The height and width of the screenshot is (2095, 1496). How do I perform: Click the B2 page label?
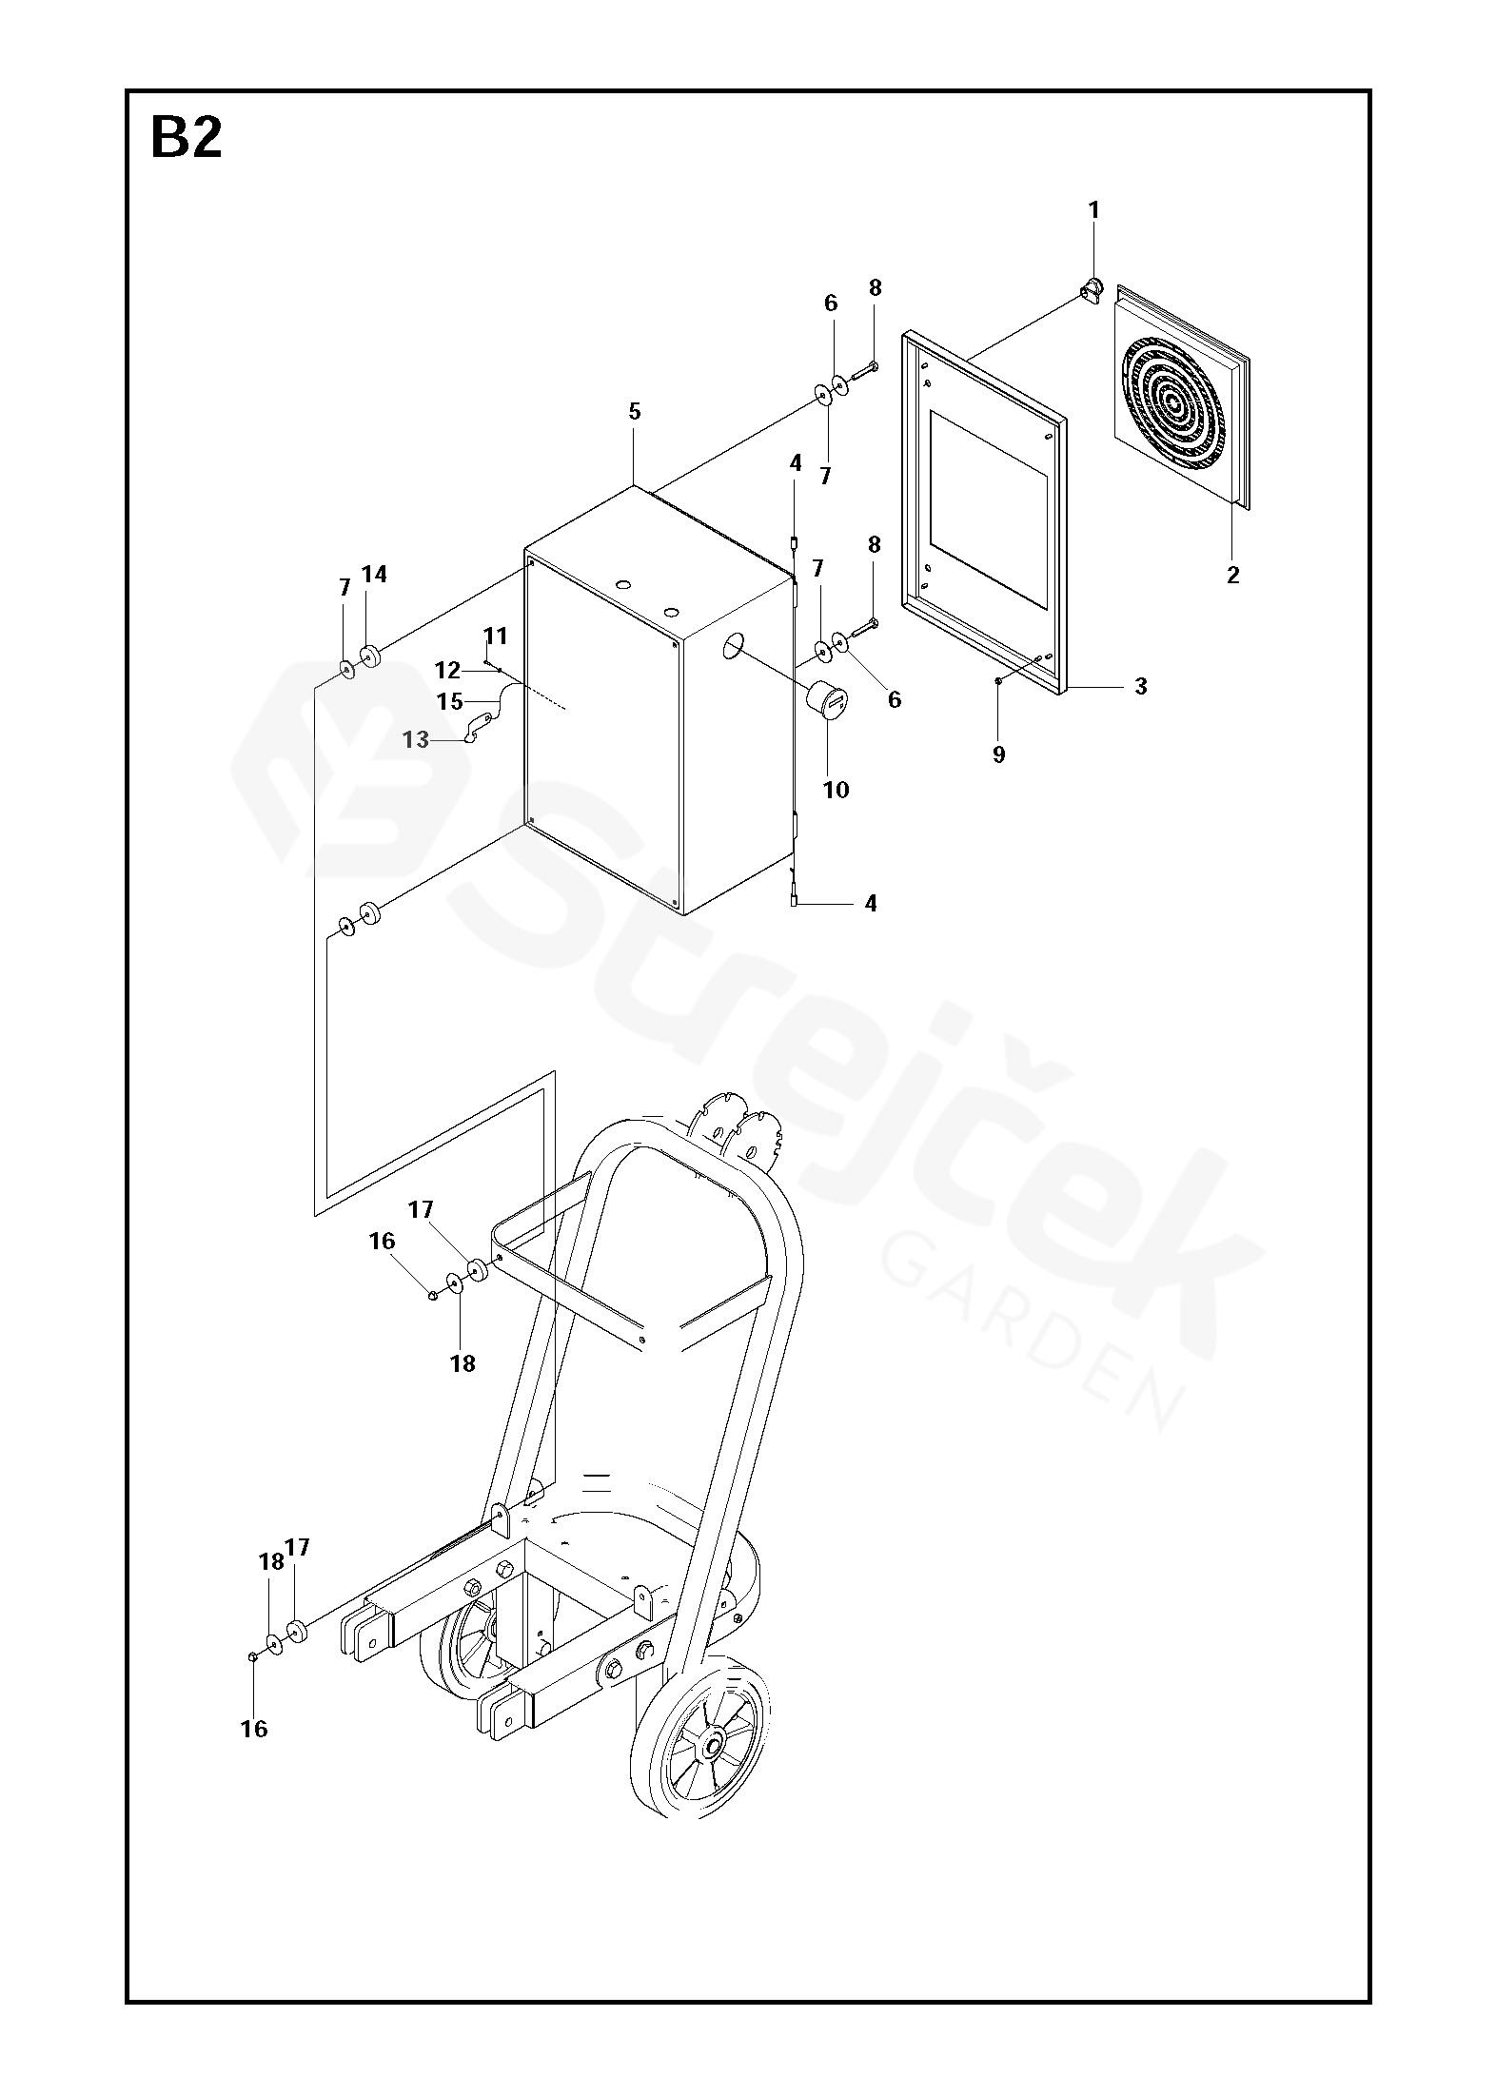[187, 139]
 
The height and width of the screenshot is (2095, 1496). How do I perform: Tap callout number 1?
[1093, 210]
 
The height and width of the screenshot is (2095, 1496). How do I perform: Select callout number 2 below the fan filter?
[1232, 575]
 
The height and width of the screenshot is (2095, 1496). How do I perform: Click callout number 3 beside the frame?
[1141, 686]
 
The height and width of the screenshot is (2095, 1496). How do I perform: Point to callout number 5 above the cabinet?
[635, 412]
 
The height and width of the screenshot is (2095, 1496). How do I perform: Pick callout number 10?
[836, 789]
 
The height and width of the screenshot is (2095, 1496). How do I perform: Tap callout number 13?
[416, 739]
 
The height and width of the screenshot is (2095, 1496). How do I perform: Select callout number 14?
[374, 574]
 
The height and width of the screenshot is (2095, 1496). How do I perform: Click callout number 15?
[449, 702]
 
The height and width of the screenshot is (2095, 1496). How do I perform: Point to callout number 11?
[495, 635]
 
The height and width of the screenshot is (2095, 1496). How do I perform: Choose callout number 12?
[447, 670]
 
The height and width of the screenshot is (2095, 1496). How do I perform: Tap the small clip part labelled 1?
[1092, 287]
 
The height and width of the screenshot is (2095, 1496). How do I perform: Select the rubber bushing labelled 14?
[369, 656]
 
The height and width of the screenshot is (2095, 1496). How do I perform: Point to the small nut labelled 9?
[996, 680]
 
